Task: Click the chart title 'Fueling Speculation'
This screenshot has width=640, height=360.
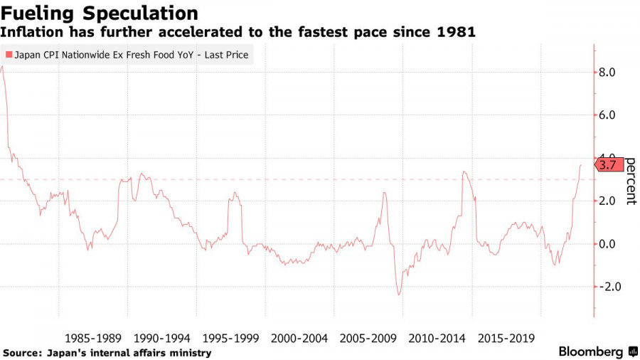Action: pyautogui.click(x=100, y=14)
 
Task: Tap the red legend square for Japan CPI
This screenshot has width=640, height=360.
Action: pyautogui.click(x=9, y=55)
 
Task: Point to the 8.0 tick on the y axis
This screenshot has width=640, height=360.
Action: pyautogui.click(x=607, y=73)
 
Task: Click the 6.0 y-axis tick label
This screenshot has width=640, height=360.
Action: pyautogui.click(x=607, y=115)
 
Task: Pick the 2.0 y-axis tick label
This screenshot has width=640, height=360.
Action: pyautogui.click(x=607, y=201)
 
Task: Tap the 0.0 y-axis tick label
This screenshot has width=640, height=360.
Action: pyautogui.click(x=607, y=244)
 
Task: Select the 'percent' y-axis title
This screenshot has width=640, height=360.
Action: pyautogui.click(x=630, y=181)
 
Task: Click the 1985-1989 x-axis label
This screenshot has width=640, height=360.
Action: pyautogui.click(x=92, y=337)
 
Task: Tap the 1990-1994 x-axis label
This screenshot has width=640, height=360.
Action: pyautogui.click(x=161, y=337)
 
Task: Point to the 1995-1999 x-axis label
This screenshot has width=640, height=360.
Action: pyautogui.click(x=230, y=337)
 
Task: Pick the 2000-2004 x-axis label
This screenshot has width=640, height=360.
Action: pyautogui.click(x=299, y=337)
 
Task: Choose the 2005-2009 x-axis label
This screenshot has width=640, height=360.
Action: pyautogui.click(x=368, y=337)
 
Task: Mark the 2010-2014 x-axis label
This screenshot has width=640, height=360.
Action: pyautogui.click(x=437, y=337)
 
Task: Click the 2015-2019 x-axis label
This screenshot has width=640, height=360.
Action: pyautogui.click(x=506, y=337)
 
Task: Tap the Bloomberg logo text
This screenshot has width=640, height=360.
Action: pyautogui.click(x=591, y=351)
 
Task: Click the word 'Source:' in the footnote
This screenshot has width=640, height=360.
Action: pyautogui.click(x=22, y=353)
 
